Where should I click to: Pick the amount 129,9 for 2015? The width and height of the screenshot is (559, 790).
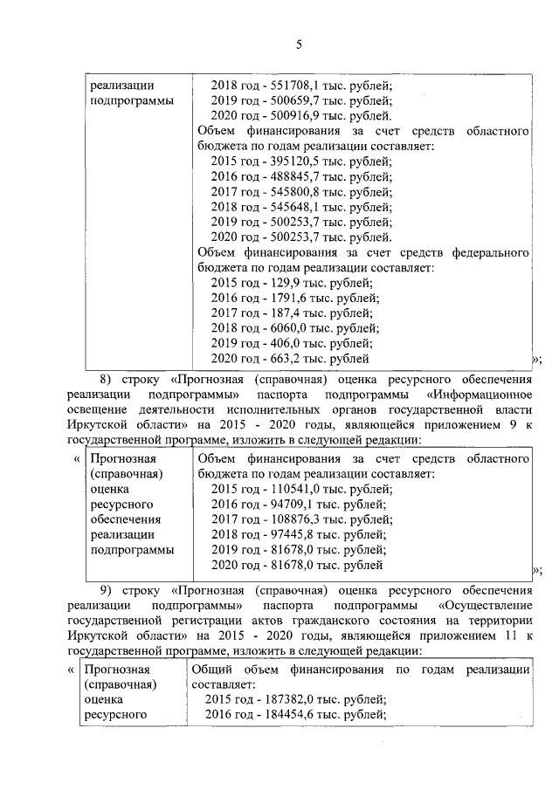coord(279,282)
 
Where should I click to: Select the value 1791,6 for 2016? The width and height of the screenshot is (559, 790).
coord(282,298)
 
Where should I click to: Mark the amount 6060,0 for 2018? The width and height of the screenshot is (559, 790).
coord(282,327)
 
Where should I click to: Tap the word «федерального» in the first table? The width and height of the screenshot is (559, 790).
coord(487,252)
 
